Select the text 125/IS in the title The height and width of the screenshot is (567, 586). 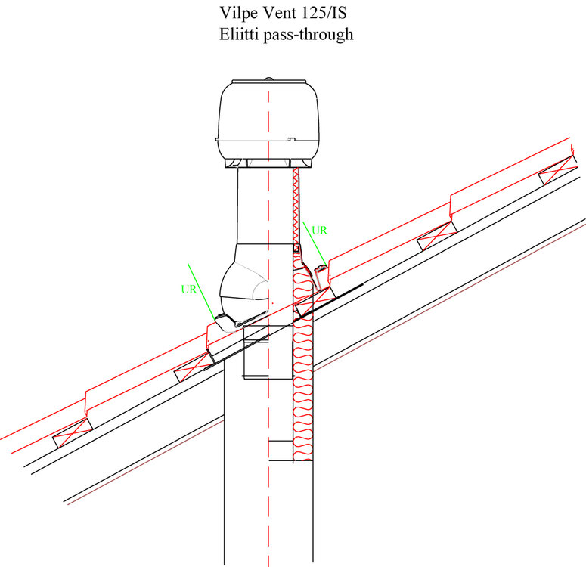pyautogui.click(x=324, y=13)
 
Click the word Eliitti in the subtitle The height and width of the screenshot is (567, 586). pyautogui.click(x=239, y=34)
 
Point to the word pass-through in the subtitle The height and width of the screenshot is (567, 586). pyautogui.click(x=309, y=35)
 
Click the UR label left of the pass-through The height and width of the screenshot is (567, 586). pyautogui.click(x=189, y=290)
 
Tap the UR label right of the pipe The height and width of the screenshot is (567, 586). pyautogui.click(x=319, y=231)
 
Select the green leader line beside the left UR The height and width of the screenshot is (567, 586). pyautogui.click(x=201, y=292)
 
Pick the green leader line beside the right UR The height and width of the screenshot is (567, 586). pyautogui.click(x=315, y=243)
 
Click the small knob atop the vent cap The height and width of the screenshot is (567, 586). pyautogui.click(x=268, y=79)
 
